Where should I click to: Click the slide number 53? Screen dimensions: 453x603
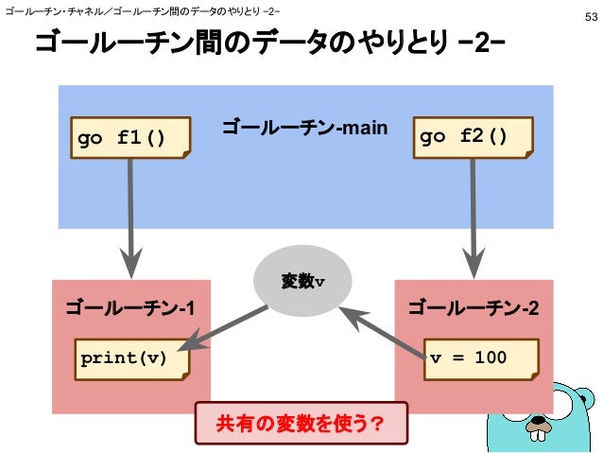point(589,17)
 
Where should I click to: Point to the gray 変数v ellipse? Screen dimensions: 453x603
point(302,281)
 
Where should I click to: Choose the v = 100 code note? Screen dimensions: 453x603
point(480,358)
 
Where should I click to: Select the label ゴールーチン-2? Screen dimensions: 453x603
point(473,307)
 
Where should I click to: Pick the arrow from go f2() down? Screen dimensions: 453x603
point(470,218)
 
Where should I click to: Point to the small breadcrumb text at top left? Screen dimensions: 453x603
point(142,11)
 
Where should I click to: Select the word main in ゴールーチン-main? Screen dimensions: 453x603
point(365,129)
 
